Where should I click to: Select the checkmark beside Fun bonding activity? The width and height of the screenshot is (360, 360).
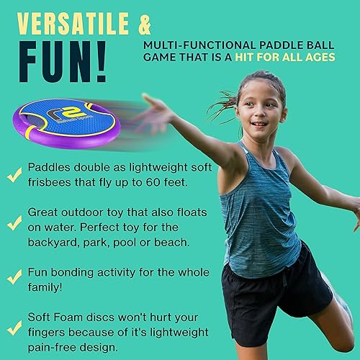pos(13,276)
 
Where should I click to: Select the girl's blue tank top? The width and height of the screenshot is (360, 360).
pos(263,209)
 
